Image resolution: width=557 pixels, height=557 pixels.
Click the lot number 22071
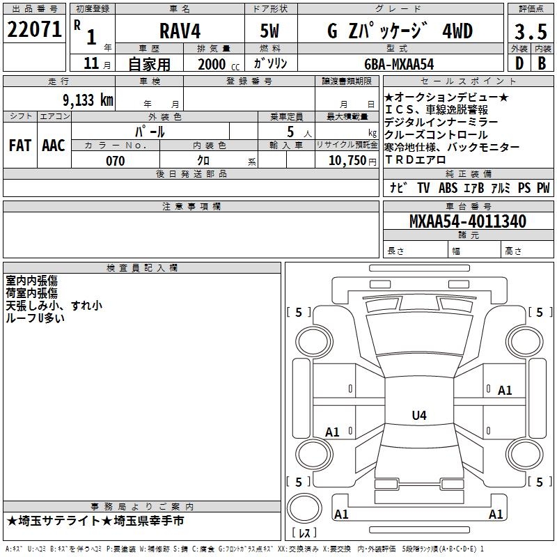coord(34,29)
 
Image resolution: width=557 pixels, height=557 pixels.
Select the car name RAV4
coord(180,31)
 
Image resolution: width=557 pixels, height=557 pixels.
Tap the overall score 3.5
coord(531,31)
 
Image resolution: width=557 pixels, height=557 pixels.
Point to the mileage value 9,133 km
coord(88,100)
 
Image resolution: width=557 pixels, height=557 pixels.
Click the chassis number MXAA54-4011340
coord(468,221)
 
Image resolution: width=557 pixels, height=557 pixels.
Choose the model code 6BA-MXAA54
coord(399,64)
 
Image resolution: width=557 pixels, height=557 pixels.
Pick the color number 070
coord(116,161)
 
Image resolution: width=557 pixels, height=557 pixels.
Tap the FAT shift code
coord(20,146)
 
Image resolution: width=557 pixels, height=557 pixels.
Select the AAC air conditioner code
coord(54,146)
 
